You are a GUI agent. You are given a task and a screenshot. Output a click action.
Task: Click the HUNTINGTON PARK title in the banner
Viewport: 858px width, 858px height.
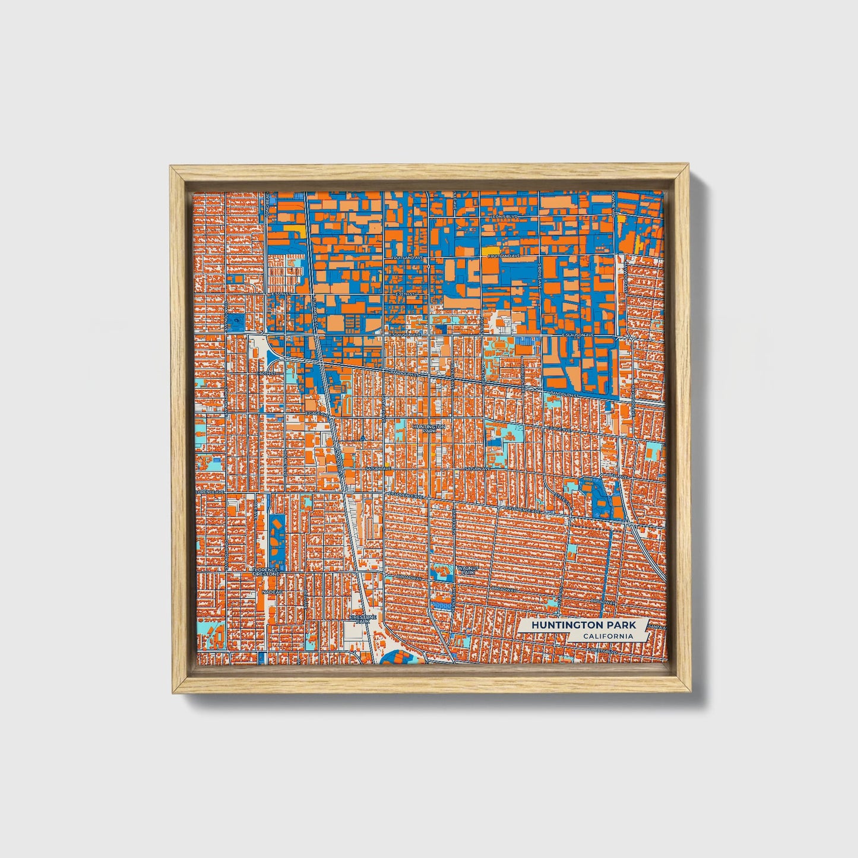click(583, 625)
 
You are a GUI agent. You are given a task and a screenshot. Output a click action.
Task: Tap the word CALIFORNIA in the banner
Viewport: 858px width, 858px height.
click(607, 637)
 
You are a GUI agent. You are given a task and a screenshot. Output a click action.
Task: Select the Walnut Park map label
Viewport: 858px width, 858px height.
click(466, 571)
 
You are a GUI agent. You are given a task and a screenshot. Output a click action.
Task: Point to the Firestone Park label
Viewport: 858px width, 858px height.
click(362, 619)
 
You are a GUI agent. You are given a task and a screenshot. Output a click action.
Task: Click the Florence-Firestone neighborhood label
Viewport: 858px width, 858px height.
click(265, 572)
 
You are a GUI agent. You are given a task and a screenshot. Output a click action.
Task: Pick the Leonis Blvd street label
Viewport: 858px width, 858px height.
click(505, 217)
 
